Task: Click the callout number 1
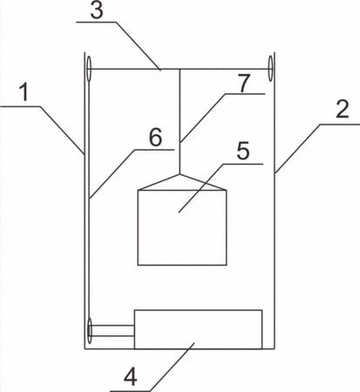25,92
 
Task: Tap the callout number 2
343,109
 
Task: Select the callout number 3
97,10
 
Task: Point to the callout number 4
131,377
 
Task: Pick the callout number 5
243,151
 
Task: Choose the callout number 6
155,137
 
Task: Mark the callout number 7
243,83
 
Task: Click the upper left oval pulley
89,69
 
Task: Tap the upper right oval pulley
270,69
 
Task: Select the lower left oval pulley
90,331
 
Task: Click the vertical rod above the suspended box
180,122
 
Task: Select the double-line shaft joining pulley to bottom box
112,331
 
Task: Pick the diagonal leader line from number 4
173,367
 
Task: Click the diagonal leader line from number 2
298,149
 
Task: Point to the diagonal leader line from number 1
62,130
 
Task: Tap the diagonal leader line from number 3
138,45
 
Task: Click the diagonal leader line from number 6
112,174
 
